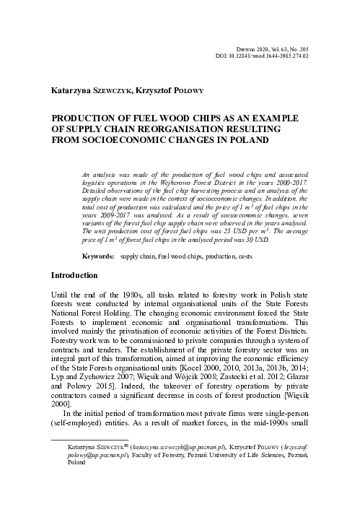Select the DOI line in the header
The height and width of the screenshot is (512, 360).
tap(267, 53)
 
